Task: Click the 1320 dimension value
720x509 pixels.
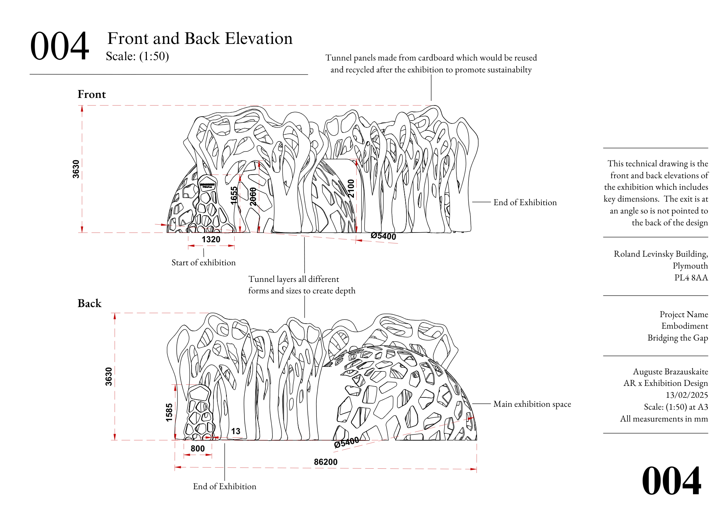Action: point(211,239)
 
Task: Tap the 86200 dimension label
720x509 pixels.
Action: point(325,462)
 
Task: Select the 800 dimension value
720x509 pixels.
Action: point(198,449)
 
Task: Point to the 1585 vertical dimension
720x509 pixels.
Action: point(169,412)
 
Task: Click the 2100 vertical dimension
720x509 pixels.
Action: point(351,189)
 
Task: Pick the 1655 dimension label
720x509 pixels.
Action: point(234,195)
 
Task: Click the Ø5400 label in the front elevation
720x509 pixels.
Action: point(383,236)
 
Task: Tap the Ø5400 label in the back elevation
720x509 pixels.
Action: point(346,442)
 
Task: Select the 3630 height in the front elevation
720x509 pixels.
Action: point(76,169)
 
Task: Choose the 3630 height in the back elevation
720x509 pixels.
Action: point(109,377)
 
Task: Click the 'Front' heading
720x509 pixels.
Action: point(92,94)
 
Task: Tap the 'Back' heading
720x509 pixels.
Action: point(90,303)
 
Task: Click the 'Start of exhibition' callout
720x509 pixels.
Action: point(203,262)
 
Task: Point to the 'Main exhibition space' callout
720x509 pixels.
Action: point(532,404)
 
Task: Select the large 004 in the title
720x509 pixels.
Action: point(59,46)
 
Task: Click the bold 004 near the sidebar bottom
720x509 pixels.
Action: point(671,481)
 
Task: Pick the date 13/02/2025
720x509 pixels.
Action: point(687,395)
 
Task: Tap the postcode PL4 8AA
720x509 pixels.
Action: point(691,278)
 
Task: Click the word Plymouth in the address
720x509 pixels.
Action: point(690,266)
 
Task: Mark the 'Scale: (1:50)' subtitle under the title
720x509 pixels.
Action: point(137,56)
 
